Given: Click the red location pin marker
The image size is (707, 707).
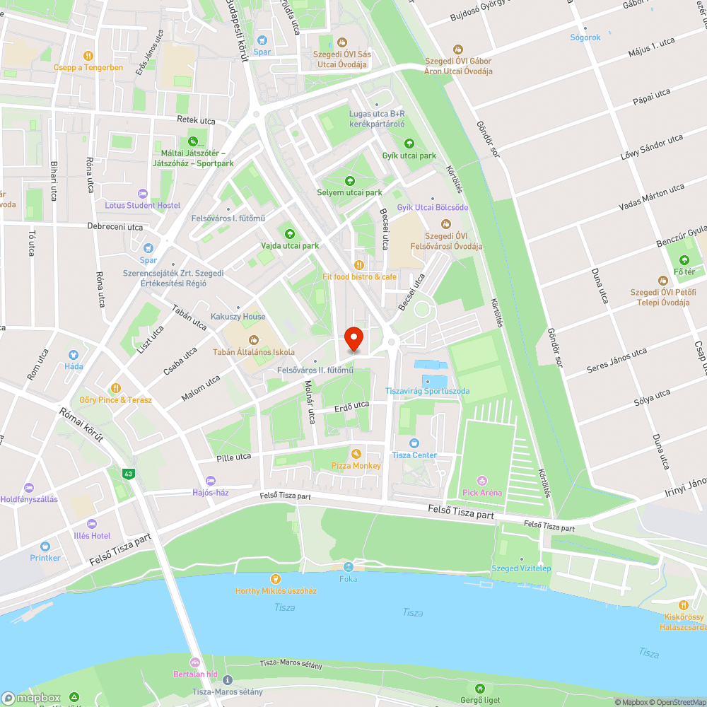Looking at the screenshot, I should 353,338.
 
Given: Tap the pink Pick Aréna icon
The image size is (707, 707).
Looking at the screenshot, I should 482,481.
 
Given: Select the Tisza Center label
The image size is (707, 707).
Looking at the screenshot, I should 414,455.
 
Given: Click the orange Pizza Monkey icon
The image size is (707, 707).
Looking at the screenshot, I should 356,453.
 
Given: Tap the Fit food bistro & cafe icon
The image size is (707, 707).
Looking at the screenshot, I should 359,264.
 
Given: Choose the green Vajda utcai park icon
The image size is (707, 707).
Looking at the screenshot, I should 289,233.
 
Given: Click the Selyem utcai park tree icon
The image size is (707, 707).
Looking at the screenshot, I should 349,181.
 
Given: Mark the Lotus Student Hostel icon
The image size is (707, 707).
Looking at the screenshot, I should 143,193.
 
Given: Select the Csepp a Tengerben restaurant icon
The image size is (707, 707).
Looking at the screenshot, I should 88,55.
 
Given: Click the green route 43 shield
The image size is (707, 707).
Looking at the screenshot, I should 128,474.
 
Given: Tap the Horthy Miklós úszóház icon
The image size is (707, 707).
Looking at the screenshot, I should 276,578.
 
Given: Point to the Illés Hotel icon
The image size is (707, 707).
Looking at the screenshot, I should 91,524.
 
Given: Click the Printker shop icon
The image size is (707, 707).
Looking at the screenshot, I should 45,546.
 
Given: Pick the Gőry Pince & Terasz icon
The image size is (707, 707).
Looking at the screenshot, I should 116,388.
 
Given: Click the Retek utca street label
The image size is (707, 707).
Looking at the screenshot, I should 196,121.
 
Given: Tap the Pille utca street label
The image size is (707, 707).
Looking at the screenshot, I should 234,457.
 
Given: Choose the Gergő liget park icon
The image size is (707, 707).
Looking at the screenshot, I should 480,688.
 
